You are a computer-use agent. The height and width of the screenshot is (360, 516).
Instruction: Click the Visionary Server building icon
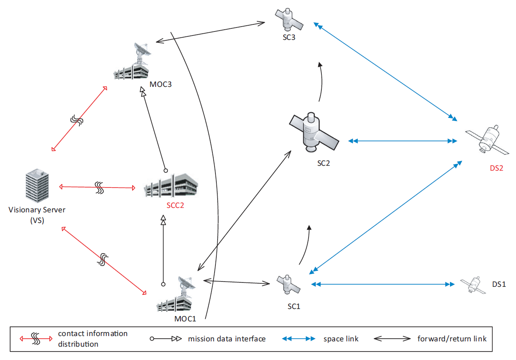click(x=36, y=186)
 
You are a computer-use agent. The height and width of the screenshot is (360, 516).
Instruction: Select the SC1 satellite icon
click(x=288, y=284)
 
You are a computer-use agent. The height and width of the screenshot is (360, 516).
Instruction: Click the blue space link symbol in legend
click(x=298, y=339)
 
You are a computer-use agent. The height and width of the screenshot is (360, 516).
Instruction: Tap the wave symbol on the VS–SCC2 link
click(x=99, y=188)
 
